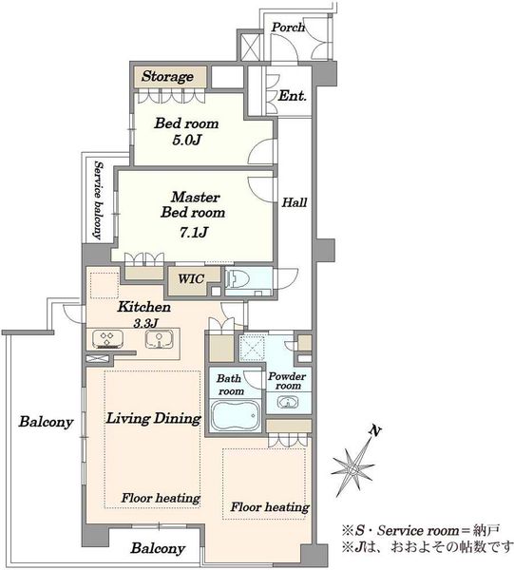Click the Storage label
tap(167, 76)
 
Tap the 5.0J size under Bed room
tap(186, 140)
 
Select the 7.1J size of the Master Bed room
tap(194, 232)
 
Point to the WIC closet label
tap(191, 278)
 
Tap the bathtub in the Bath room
tap(236, 415)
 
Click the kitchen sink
tap(160, 339)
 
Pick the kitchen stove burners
tap(107, 339)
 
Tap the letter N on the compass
tap(375, 431)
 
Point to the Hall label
tap(295, 202)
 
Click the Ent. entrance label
tap(293, 96)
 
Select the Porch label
tap(288, 28)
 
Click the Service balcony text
tap(98, 200)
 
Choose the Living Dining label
tap(153, 418)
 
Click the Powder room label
tap(287, 381)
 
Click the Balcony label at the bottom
tap(158, 548)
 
